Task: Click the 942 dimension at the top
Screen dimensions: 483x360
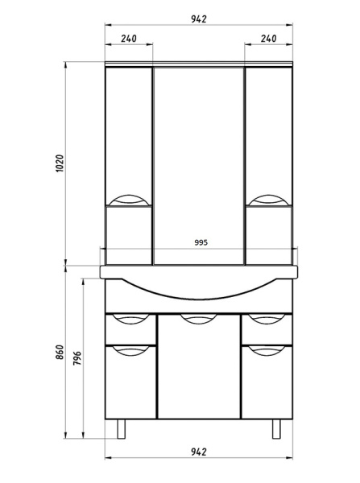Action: [x=198, y=19]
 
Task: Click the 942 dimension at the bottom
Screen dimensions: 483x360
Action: [x=198, y=452]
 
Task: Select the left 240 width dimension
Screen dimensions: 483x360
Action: [x=129, y=38]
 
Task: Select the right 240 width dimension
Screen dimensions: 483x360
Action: [x=268, y=38]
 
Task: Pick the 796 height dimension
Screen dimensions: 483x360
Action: [x=78, y=358]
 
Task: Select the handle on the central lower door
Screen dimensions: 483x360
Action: [x=199, y=319]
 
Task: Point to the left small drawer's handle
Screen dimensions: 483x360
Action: [x=129, y=319]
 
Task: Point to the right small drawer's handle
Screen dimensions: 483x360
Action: [x=268, y=319]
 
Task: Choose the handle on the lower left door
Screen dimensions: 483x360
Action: [x=129, y=350]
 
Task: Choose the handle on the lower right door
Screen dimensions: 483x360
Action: [x=268, y=350]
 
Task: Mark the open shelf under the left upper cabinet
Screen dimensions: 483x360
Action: [x=129, y=234]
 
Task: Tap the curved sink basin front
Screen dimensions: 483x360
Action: [x=199, y=295]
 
